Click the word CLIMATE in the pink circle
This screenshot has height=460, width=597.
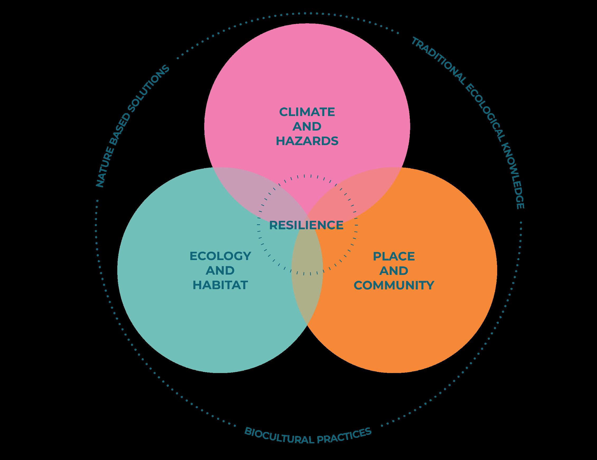point(307,112)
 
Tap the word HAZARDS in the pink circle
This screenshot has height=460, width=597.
point(307,141)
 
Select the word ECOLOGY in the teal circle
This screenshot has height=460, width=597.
point(220,256)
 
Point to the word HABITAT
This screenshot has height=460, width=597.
point(220,285)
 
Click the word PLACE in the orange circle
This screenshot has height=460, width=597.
point(394,256)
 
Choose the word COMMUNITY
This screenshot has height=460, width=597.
point(394,285)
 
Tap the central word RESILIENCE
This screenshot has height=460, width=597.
point(306,225)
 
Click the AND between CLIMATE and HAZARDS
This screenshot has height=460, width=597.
point(307,127)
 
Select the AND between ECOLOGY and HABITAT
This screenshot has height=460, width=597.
point(220,271)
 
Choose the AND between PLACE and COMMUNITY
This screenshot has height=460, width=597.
point(394,271)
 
